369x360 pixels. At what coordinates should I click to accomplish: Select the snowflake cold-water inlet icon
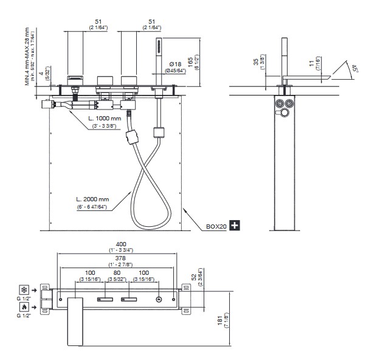(x=24, y=289)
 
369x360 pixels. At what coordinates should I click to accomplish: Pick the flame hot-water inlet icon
(x=24, y=308)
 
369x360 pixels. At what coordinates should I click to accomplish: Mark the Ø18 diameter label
(x=174, y=63)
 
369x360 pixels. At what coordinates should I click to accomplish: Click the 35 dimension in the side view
(x=254, y=63)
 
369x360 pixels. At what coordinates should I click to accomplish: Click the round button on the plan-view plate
(x=159, y=299)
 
